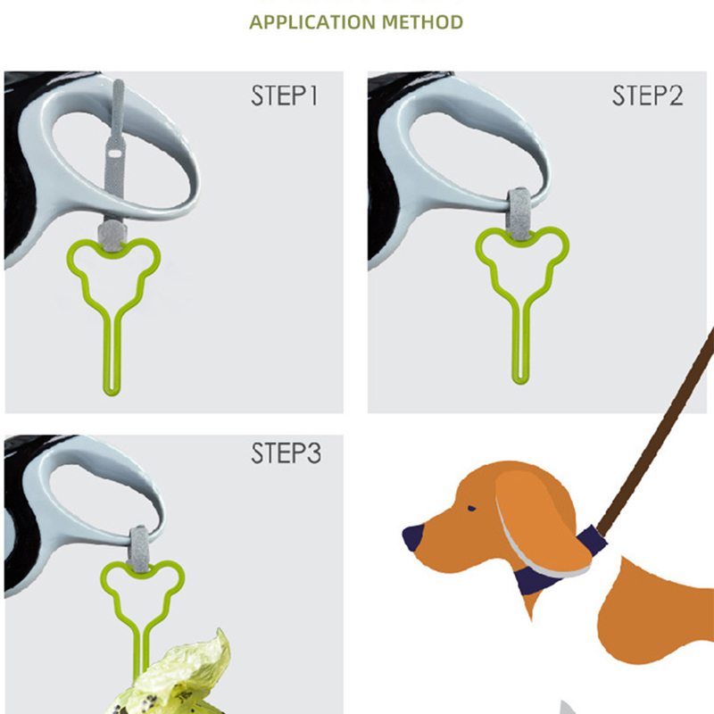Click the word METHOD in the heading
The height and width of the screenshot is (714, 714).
click(422, 22)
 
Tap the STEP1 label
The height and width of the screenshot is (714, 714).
click(284, 95)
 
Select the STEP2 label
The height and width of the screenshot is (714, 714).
click(648, 95)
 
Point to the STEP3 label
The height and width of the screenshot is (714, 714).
click(286, 453)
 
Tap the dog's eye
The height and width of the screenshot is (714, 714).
click(472, 508)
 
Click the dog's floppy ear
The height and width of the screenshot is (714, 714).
click(542, 524)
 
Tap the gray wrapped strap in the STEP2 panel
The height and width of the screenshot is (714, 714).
click(518, 214)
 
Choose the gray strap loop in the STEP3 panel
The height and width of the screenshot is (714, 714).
click(139, 549)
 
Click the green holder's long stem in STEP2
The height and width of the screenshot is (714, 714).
click(520, 342)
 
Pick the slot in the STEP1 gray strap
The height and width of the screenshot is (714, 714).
click(114, 154)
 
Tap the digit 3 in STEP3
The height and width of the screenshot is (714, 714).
click(314, 453)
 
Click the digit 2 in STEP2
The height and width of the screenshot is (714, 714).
click(675, 95)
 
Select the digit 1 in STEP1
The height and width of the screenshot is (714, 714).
click(313, 95)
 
